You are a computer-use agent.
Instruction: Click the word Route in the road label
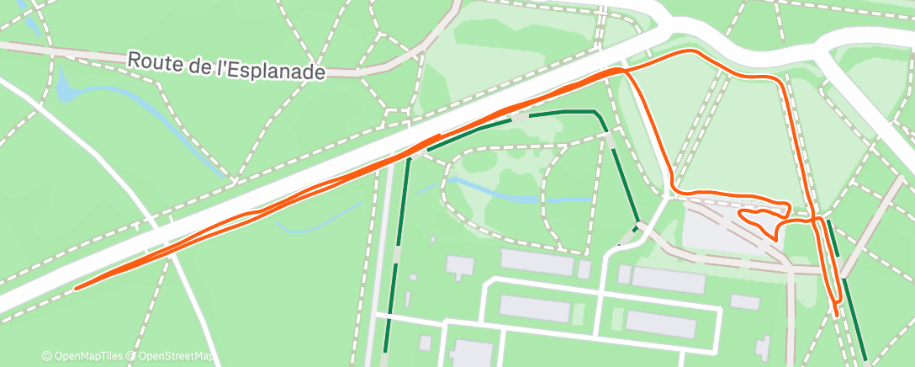[x=152, y=61]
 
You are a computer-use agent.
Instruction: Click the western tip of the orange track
[x=77, y=289]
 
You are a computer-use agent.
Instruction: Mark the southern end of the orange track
[x=837, y=314]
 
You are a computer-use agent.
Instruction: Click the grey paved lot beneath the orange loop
[x=723, y=227]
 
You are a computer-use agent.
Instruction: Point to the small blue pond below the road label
[x=63, y=83]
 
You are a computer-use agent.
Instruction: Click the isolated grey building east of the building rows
[x=744, y=301]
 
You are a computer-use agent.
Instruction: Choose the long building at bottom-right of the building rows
[x=660, y=323]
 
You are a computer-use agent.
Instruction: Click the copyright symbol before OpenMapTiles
[x=47, y=356]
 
